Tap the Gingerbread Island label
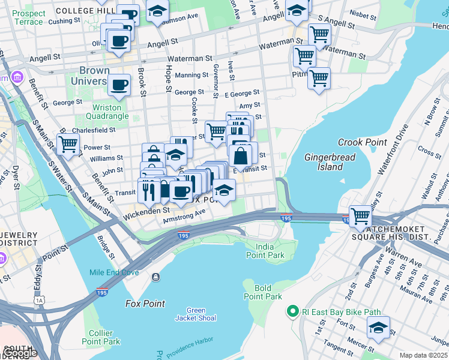pyautogui.click(x=330, y=162)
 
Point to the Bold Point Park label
pyautogui.click(x=263, y=292)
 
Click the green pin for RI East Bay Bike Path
pyautogui.click(x=292, y=311)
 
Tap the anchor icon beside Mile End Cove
pyautogui.click(x=155, y=277)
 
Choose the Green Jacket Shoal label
pyautogui.click(x=196, y=314)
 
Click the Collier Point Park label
pyautogui.click(x=101, y=337)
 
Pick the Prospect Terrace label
pyautogui.click(x=28, y=17)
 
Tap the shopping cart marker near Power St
pyautogui.click(x=68, y=144)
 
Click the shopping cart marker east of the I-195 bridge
pyautogui.click(x=360, y=215)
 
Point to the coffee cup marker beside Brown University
pyautogui.click(x=119, y=85)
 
